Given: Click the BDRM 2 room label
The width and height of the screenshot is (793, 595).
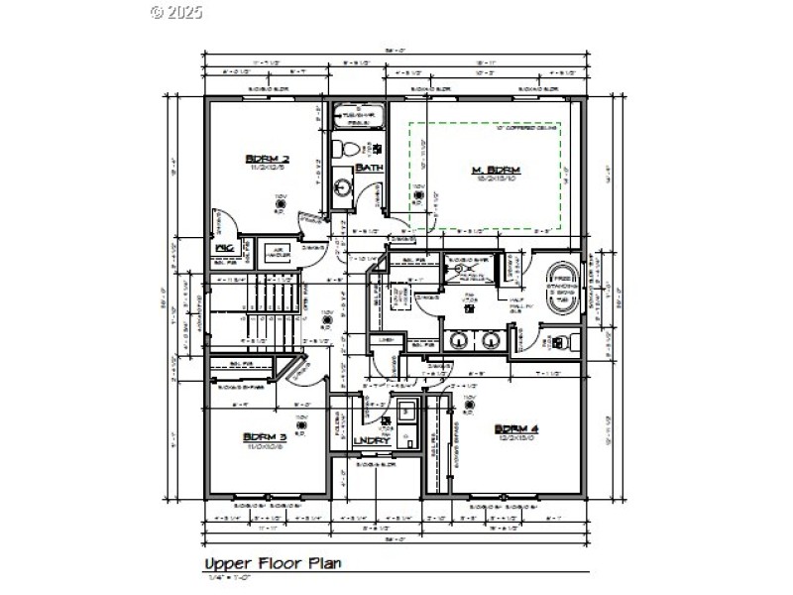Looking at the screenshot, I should [x=267, y=159].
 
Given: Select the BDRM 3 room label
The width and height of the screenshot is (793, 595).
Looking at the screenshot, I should [x=265, y=436].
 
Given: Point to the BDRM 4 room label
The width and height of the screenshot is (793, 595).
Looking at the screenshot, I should [x=515, y=428].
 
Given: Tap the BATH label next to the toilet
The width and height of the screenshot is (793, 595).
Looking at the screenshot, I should [x=369, y=169].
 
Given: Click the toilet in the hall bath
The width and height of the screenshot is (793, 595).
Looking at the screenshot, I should [x=344, y=149].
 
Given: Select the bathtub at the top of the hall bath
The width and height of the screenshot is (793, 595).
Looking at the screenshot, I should [x=354, y=116].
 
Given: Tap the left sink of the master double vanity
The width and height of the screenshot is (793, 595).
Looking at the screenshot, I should [x=460, y=341].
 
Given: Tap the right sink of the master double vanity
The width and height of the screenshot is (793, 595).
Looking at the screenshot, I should [x=491, y=341].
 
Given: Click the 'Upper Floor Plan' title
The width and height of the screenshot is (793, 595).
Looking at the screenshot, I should [x=272, y=563].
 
